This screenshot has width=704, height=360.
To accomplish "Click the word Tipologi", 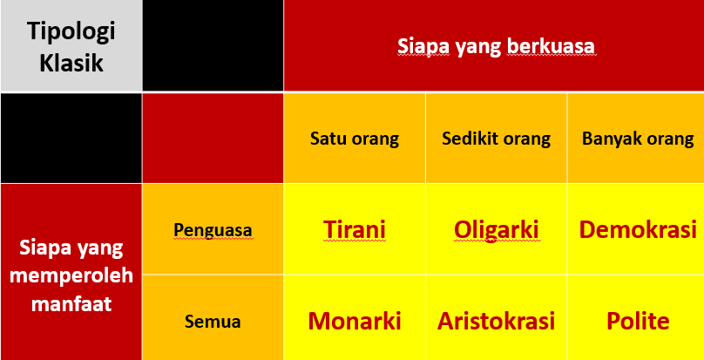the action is click(71, 31).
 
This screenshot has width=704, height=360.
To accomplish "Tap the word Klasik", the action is click(71, 63).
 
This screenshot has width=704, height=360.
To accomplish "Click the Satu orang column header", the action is click(355, 139).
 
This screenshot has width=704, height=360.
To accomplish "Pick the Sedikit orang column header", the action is click(496, 139).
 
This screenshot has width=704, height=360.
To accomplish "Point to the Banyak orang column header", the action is click(638, 139).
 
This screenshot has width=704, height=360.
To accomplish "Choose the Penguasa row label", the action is click(213, 229).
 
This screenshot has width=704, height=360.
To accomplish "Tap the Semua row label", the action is click(213, 322).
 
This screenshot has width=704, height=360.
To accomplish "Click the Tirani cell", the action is click(355, 229).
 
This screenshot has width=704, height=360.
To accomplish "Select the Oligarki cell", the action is click(496, 230).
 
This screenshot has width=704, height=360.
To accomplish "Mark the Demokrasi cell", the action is click(638, 229).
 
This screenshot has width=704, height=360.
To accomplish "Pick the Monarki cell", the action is click(355, 322).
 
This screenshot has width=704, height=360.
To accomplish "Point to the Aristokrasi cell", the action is click(496, 322).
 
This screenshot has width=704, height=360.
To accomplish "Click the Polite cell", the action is click(638, 322).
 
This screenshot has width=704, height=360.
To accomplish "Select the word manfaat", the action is click(71, 303).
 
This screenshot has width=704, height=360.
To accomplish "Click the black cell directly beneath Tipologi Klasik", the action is click(71, 138).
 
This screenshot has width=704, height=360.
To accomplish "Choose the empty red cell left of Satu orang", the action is click(213, 138).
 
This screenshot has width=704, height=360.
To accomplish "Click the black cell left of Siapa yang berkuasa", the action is click(213, 45).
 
